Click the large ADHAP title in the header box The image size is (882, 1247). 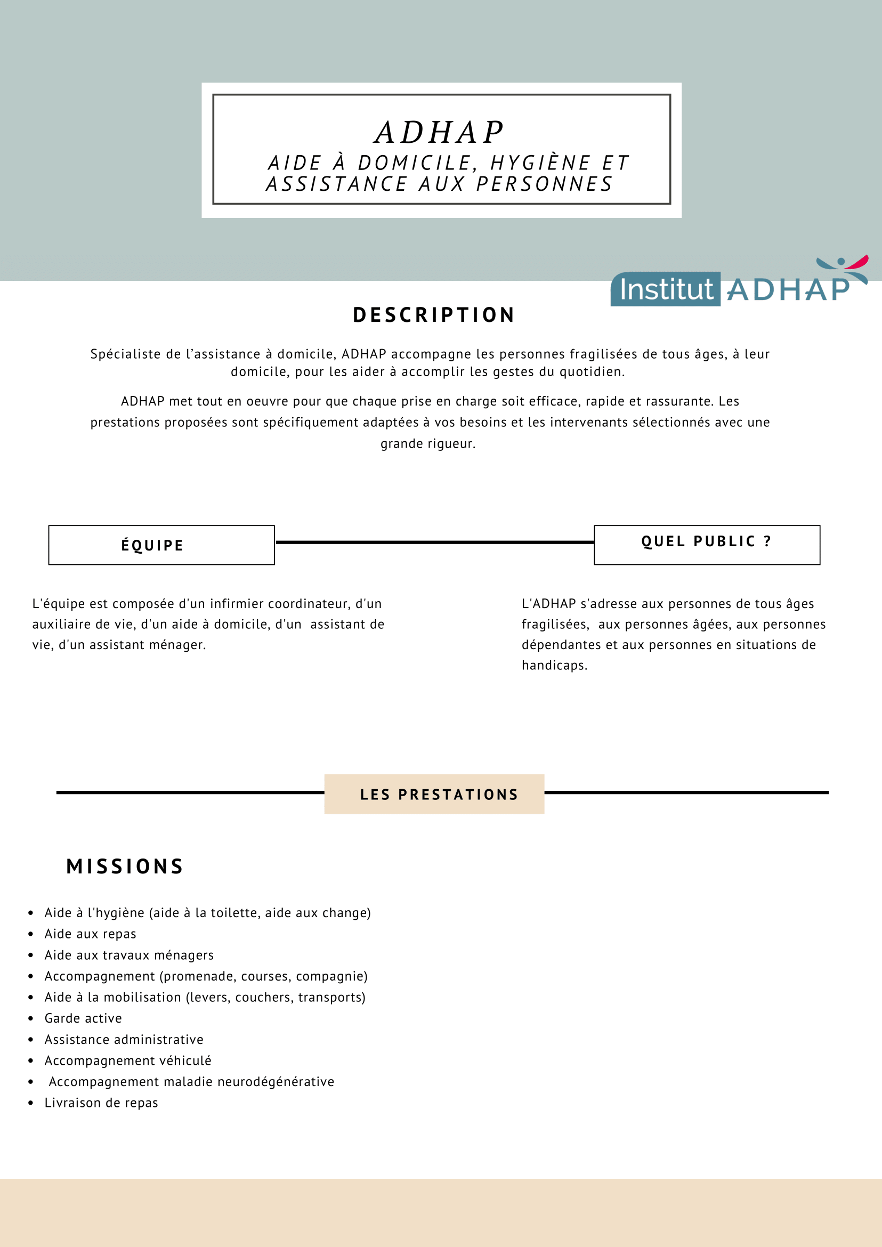(440, 133)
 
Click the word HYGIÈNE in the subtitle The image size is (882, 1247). (540, 163)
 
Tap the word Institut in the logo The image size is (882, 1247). (666, 289)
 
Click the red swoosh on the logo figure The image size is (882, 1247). (858, 263)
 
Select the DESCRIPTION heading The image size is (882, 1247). (434, 315)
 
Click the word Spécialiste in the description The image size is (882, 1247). (125, 354)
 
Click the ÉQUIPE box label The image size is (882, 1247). (152, 545)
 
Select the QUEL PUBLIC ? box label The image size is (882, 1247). (707, 541)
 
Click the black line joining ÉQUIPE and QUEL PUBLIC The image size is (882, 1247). (434, 542)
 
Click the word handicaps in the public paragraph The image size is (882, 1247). (554, 665)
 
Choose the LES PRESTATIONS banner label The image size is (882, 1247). (439, 795)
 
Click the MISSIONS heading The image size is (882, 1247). (125, 867)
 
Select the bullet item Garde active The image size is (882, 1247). (83, 1018)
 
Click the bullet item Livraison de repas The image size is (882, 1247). (101, 1103)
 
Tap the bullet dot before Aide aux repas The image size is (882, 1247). (31, 934)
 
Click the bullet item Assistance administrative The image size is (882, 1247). (124, 1040)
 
